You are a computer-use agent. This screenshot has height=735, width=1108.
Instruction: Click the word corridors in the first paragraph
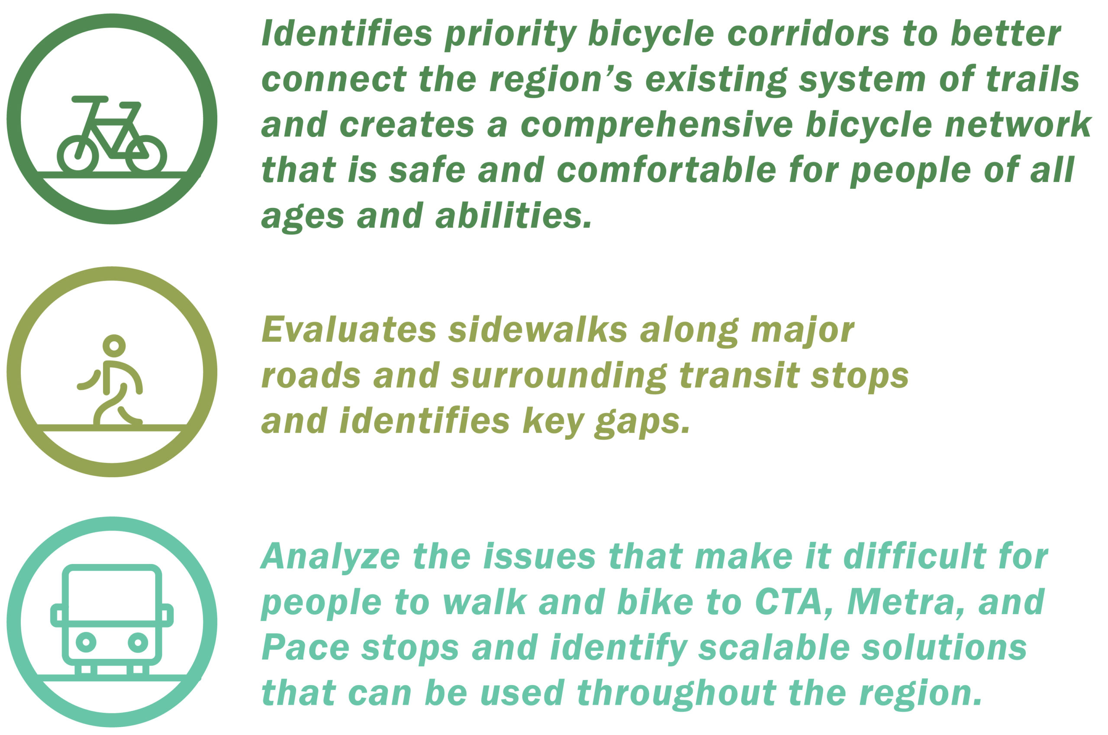click(808, 34)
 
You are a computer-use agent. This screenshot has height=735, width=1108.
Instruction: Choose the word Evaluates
click(349, 330)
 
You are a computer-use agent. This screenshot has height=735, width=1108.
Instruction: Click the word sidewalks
click(538, 330)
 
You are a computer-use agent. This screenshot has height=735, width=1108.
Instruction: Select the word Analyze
click(331, 557)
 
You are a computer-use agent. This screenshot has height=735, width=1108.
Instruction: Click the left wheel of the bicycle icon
click(78, 155)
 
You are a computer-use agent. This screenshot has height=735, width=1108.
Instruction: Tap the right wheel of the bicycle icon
click(146, 155)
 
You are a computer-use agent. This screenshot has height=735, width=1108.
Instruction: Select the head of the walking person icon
click(114, 346)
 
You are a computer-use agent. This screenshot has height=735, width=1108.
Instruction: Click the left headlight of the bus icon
click(86, 642)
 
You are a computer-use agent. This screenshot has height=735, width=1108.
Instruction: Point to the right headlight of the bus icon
click(138, 642)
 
